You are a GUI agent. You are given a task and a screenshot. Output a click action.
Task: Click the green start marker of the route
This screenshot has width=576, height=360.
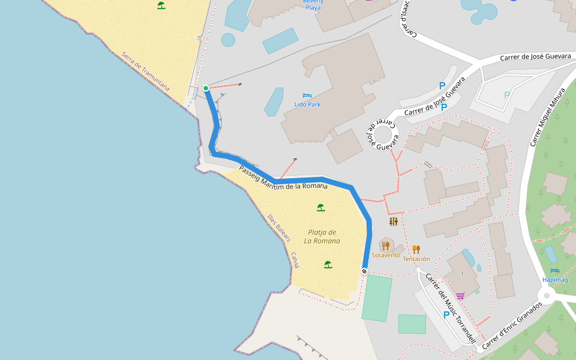click(206, 88)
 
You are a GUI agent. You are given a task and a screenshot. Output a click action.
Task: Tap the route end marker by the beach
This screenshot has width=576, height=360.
click(364, 271)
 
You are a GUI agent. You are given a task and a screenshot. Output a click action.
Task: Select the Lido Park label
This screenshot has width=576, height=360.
click(307, 104)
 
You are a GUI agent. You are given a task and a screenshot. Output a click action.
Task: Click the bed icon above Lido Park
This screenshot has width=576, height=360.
click(307, 95)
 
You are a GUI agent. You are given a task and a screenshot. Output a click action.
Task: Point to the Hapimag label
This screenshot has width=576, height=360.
click(554, 280)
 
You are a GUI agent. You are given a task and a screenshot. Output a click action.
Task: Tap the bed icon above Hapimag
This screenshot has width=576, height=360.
click(554, 271)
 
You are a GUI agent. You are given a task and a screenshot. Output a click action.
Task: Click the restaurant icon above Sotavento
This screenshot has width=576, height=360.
click(386, 245)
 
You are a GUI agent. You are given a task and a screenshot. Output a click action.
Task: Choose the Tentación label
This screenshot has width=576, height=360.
click(416, 259)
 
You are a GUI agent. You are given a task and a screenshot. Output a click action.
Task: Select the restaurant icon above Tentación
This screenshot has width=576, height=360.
click(416, 249)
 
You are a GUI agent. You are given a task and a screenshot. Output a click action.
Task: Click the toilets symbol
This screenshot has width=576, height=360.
click(394, 221)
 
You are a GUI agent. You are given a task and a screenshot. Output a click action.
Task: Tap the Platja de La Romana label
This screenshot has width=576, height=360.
click(322, 236)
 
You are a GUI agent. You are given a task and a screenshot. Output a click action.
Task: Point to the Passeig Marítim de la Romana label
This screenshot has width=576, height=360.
click(283, 178)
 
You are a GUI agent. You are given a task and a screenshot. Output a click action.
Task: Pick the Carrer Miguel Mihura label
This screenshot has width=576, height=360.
click(548, 118)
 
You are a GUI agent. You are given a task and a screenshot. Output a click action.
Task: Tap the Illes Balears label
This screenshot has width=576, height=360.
click(279, 228)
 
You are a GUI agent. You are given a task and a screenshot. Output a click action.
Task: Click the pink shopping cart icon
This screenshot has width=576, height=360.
click(460, 295)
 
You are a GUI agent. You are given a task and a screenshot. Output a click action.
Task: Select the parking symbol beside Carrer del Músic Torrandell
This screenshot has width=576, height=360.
click(446, 315)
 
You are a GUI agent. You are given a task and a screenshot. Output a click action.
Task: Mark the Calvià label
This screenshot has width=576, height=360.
click(295, 260)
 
